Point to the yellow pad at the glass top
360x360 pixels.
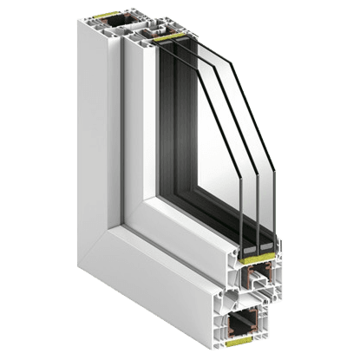tap(165, 37)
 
